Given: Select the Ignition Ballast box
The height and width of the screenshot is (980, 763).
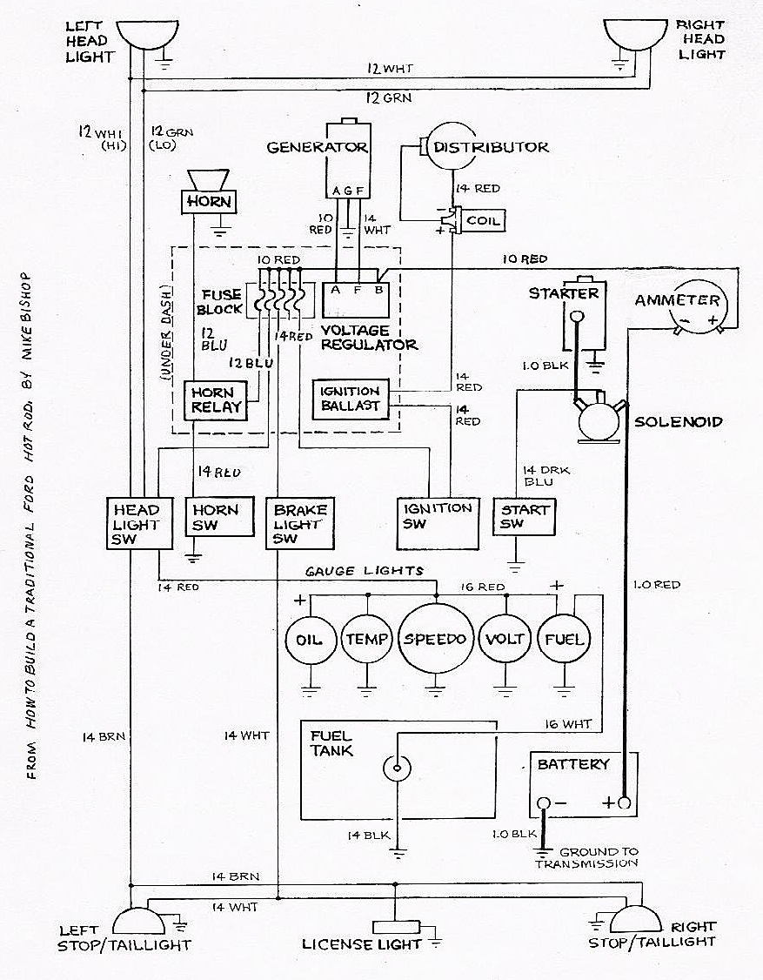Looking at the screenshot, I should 350,399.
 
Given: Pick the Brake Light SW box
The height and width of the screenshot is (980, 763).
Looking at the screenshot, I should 300,524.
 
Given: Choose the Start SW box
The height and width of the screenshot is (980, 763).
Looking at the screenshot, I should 525,517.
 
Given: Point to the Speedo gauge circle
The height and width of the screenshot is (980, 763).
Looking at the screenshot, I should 434,639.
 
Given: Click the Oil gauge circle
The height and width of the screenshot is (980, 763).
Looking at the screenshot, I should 309,640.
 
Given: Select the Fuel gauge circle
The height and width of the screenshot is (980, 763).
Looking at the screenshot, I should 562,640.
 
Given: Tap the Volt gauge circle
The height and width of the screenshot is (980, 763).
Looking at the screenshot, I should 505,640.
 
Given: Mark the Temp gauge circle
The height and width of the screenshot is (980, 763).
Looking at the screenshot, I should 366,640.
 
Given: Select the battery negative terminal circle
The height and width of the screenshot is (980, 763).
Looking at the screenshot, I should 543,802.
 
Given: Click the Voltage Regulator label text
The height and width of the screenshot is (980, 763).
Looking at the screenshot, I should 369,338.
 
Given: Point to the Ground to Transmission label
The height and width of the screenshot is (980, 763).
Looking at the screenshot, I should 588,857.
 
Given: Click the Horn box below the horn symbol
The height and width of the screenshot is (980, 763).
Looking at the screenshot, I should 209,202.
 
